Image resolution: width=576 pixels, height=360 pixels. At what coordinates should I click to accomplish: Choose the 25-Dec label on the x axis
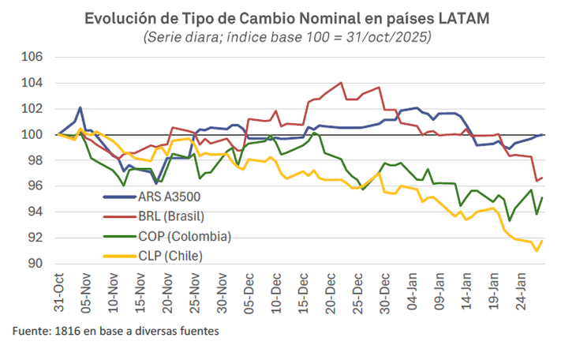pyautogui.click(x=357, y=293)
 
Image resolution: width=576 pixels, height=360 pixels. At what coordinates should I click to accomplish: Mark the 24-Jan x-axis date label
pyautogui.click(x=522, y=293)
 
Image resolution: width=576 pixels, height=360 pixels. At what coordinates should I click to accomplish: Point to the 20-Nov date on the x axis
pyautogui.click(x=166, y=293)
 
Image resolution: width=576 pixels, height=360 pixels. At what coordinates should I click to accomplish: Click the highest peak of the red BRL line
pyautogui.click(x=341, y=82)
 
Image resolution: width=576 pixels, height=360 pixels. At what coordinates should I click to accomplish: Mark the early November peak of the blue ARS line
pyautogui.click(x=80, y=107)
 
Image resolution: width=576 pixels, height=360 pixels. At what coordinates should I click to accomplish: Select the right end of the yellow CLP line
pyautogui.click(x=542, y=241)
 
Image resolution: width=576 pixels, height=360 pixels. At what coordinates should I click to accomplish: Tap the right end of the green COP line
pyautogui.click(x=542, y=197)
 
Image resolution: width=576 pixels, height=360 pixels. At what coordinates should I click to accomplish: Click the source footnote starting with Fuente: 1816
pyautogui.click(x=115, y=332)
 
